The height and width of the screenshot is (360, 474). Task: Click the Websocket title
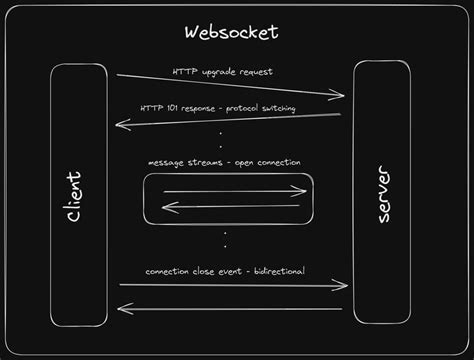click(232, 32)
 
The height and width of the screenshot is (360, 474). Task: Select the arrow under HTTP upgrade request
click(230, 86)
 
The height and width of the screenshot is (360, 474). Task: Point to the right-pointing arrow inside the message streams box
click(234, 191)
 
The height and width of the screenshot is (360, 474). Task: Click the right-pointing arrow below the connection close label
click(232, 286)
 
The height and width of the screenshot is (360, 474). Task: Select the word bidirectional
click(283, 271)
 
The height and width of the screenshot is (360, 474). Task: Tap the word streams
click(206, 162)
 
